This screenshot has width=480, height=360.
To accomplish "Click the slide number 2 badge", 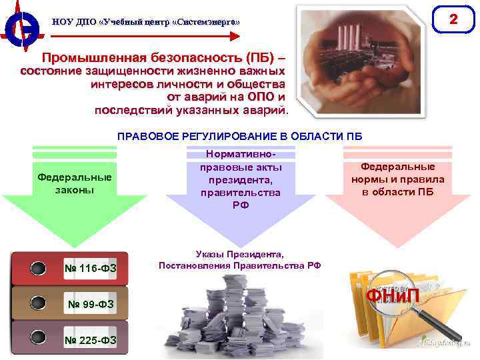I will tap(453, 20).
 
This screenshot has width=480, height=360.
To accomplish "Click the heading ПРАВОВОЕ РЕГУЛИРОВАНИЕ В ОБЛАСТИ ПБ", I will tap(239, 136).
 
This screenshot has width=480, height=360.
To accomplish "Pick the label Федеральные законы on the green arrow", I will tap(75, 183).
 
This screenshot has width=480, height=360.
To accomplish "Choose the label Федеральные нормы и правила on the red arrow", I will tap(398, 179).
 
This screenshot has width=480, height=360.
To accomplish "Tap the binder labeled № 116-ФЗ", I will tap(91, 269).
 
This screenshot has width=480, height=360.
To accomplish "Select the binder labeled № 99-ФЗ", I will tap(91, 305).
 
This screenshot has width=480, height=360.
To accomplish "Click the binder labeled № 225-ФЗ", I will tap(91, 341).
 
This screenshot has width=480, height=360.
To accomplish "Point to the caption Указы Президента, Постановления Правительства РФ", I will tap(240, 259).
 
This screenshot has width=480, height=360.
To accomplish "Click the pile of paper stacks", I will tap(240, 317).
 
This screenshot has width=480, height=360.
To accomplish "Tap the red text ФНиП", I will tap(393, 295).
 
